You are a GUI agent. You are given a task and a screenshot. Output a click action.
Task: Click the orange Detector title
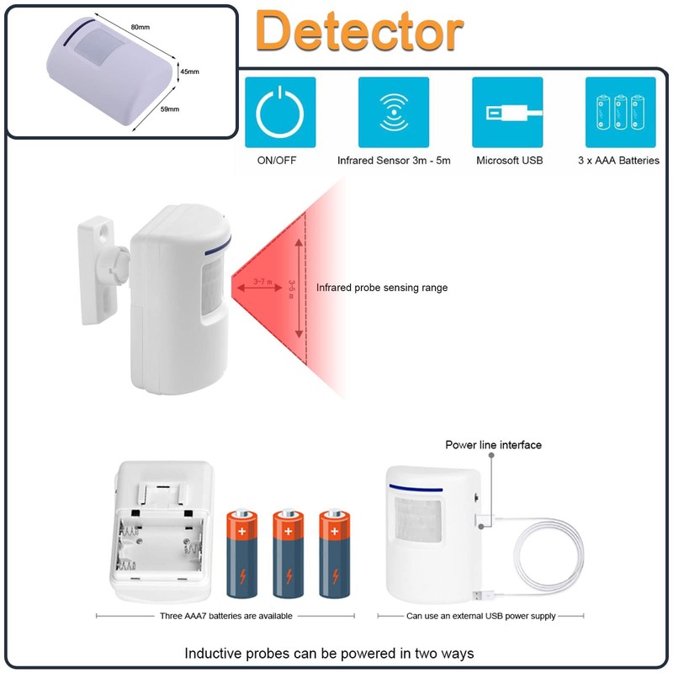pos(359,32)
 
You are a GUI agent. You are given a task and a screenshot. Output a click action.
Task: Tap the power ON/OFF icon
pos(280,113)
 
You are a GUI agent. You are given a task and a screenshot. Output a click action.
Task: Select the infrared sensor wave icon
pos(393,113)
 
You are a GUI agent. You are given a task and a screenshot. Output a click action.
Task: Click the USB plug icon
pos(507,113)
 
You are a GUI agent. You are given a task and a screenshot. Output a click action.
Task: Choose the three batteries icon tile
pos(621,113)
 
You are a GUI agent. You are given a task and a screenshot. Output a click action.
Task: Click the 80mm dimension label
pos(140,27)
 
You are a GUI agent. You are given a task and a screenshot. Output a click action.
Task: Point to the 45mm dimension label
pos(189,72)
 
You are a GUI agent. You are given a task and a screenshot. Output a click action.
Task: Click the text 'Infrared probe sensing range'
pos(382,288)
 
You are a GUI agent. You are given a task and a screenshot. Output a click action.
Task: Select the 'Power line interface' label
pos(493,444)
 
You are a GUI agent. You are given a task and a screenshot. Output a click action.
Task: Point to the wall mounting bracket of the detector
pos(100,268)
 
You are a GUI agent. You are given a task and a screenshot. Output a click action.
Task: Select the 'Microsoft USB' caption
pos(509,160)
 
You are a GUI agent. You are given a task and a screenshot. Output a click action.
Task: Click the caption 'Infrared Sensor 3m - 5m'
pos(394,160)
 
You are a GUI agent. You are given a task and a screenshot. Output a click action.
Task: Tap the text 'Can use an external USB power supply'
pos(480,616)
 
